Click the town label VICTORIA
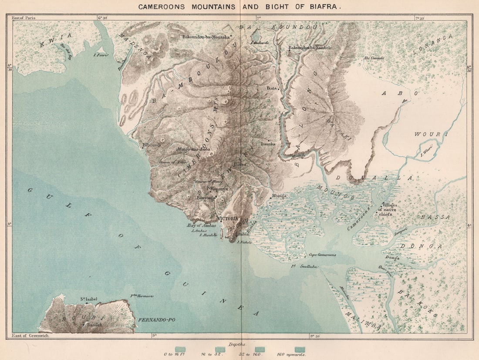point(227,218)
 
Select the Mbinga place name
point(279,196)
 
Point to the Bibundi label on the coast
point(152,145)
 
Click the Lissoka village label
point(268,143)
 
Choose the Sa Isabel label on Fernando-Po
point(88,299)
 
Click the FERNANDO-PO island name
point(157,320)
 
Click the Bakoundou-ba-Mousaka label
point(206,37)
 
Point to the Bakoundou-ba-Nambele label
point(310,48)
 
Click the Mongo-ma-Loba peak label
point(193,149)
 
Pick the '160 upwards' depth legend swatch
point(300,349)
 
